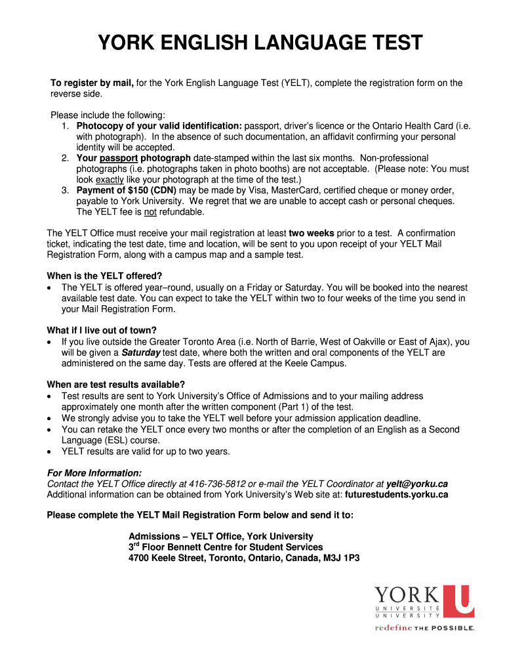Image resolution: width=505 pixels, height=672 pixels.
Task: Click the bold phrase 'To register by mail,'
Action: pyautogui.click(x=92, y=83)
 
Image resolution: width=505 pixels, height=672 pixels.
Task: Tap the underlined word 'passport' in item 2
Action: pyautogui.click(x=119, y=158)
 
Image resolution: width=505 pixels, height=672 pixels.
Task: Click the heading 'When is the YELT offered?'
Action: pyautogui.click(x=104, y=276)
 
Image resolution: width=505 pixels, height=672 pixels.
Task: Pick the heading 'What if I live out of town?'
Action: pyautogui.click(x=102, y=330)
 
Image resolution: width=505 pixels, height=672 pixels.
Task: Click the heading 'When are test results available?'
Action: pyautogui.click(x=115, y=384)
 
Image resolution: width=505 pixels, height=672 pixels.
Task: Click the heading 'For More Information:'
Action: pyautogui.click(x=94, y=472)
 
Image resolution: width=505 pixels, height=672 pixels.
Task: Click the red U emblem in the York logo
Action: pyautogui.click(x=458, y=600)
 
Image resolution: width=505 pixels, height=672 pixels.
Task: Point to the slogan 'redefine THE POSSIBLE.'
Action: pyautogui.click(x=424, y=628)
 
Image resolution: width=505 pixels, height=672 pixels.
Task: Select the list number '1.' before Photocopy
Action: pyautogui.click(x=66, y=126)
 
